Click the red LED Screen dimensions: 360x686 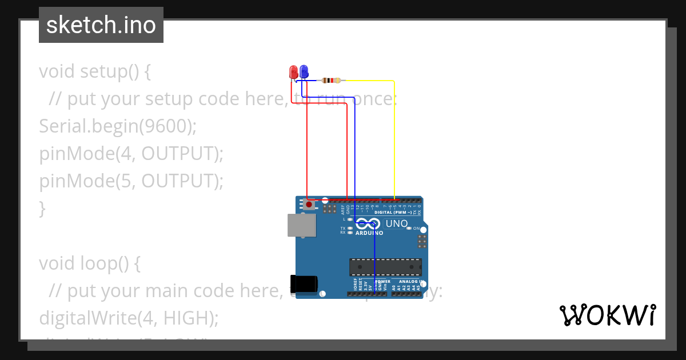pyautogui.click(x=294, y=72)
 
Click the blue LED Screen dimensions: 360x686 pyautogui.click(x=304, y=71)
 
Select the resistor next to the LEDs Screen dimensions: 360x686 pyautogui.click(x=331, y=81)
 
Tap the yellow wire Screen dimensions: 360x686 pyautogui.click(x=394, y=137)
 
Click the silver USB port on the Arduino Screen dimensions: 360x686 pyautogui.click(x=301, y=225)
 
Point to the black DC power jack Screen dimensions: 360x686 pyautogui.click(x=304, y=284)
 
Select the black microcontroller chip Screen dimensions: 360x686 pyautogui.click(x=385, y=267)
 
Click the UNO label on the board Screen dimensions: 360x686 pyautogui.click(x=397, y=223)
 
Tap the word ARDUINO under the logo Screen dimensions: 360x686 pyautogui.click(x=369, y=233)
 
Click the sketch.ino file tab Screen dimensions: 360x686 pyautogui.click(x=101, y=25)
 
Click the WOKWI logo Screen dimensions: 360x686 pyautogui.click(x=607, y=315)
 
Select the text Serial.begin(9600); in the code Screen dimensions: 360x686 pyautogui.click(x=118, y=126)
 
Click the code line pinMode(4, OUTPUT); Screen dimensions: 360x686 pyautogui.click(x=131, y=154)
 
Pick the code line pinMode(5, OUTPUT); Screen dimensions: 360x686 pyautogui.click(x=131, y=181)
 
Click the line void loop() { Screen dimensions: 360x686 pyautogui.click(x=90, y=263)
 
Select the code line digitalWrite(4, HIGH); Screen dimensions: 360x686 pyautogui.click(x=129, y=318)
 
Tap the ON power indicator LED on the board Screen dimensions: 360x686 pyautogui.click(x=409, y=228)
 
